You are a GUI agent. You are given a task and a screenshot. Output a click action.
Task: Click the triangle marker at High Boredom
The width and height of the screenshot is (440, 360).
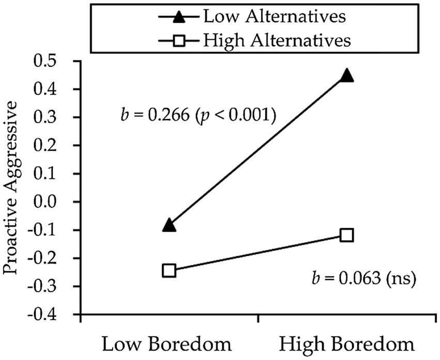pos(347,76)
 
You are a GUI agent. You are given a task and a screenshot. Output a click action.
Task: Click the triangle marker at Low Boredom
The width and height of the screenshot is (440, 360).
pos(169,225)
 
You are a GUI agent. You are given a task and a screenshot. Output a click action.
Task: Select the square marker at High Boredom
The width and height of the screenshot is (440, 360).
pos(347,235)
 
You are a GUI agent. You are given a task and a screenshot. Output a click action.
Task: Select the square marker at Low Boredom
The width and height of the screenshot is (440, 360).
pos(169,271)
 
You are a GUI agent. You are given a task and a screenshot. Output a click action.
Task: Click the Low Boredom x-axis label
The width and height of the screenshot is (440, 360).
pos(169,343)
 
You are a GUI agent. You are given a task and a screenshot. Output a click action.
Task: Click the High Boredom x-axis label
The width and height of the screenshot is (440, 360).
pos(347,343)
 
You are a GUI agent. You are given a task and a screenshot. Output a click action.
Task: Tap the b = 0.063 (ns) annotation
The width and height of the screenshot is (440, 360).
pos(365,280)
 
